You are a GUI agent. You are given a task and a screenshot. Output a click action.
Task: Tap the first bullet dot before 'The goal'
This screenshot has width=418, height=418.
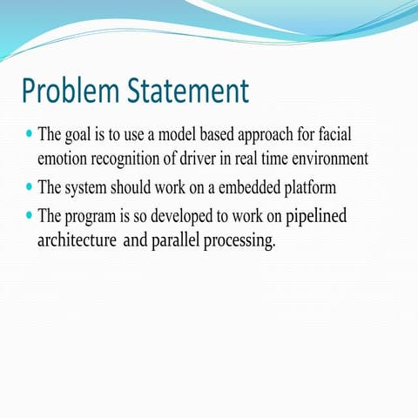[x=30, y=135]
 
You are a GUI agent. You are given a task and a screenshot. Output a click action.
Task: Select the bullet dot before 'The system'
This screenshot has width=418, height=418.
[x=30, y=186]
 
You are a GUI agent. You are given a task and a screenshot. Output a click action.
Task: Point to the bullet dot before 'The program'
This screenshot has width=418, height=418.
[x=30, y=215]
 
